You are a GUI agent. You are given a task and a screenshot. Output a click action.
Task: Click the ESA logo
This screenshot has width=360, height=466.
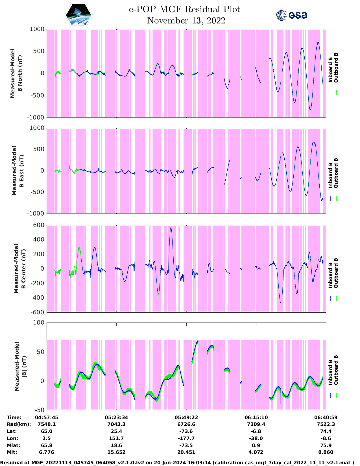pyautogui.click(x=292, y=15)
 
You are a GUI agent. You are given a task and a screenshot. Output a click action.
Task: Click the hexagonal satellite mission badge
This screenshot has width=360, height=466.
pyautogui.click(x=79, y=15)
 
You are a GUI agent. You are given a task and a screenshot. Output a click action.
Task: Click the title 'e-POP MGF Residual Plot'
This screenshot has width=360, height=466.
pyautogui.click(x=184, y=9)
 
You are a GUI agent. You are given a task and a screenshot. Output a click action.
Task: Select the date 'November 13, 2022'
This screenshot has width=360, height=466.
pyautogui.click(x=186, y=21)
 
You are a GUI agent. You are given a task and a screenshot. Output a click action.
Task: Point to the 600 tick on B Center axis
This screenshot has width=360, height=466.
pyautogui.click(x=39, y=225)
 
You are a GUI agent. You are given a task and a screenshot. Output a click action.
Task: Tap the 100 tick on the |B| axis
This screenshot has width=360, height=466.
pyautogui.click(x=39, y=323)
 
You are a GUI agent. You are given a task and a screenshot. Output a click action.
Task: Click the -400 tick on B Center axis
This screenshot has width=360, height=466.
pyautogui.click(x=37, y=298)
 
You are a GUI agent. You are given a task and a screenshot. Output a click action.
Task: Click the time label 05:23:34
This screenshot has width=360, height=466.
pyautogui.click(x=116, y=417)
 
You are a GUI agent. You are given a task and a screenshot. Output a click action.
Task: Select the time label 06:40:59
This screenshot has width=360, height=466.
pyautogui.click(x=326, y=417)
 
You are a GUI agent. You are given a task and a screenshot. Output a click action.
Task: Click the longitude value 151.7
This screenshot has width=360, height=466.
pyautogui.click(x=116, y=438)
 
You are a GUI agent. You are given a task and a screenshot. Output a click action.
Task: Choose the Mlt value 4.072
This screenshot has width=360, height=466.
pyautogui.click(x=256, y=452)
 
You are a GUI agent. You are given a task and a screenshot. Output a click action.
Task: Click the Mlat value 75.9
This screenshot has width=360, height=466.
pyautogui.click(x=326, y=445)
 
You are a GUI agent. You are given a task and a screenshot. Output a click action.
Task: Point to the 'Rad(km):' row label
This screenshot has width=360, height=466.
pyautogui.click(x=19, y=424)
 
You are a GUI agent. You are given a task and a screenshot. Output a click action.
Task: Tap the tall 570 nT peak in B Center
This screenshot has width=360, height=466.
pyautogui.click(x=171, y=228)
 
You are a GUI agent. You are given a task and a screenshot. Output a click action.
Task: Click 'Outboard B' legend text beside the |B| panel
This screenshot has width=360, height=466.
pyautogui.click(x=336, y=370)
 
